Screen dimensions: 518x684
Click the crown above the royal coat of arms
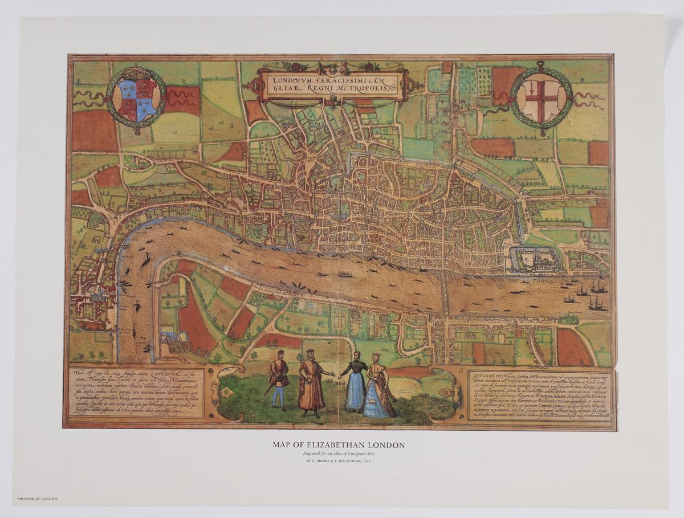[x=136, y=74]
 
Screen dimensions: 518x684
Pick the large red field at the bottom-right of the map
[x=573, y=347]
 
